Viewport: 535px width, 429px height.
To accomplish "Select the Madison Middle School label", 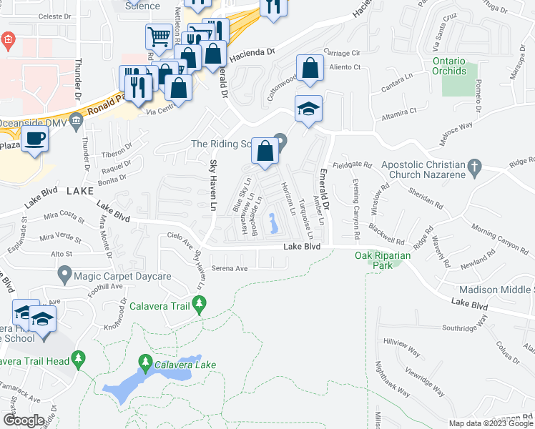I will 496,290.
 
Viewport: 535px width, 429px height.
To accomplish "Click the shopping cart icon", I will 159,36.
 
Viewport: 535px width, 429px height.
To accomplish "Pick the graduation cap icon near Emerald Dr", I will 309,109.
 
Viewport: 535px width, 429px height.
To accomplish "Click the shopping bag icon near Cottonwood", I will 310,69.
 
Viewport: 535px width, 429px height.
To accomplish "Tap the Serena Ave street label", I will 230,269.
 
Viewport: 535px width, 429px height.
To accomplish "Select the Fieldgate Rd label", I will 356,164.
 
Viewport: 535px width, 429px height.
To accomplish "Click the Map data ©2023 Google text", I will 491,423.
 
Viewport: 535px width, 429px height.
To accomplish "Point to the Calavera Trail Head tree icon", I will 79,357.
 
